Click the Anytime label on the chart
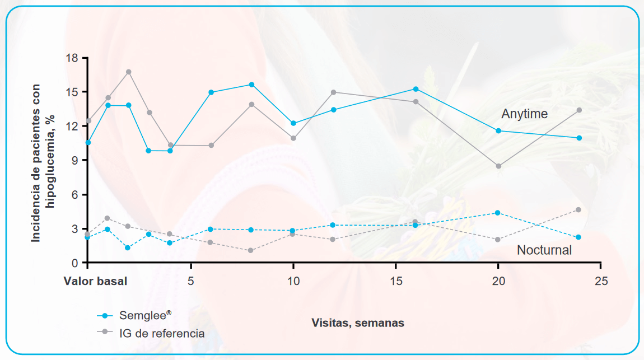(x=524, y=114)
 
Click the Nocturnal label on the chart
(x=544, y=250)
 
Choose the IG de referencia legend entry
(x=161, y=333)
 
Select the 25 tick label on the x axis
(x=601, y=280)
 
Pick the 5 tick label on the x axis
(x=191, y=280)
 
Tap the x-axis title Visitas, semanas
(x=358, y=322)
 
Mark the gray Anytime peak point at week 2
(x=129, y=72)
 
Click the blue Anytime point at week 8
(x=252, y=85)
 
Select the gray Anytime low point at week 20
(x=498, y=166)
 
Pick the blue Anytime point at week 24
(x=579, y=138)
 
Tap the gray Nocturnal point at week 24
(x=579, y=209)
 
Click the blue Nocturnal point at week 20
(x=498, y=213)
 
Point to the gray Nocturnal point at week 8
(x=251, y=250)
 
